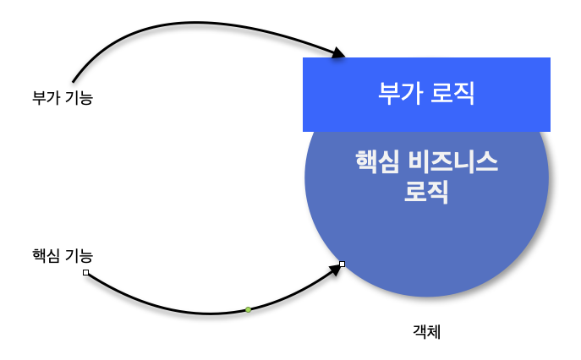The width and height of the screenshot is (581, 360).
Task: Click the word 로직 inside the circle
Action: click(x=426, y=193)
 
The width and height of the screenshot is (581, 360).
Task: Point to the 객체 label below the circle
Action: click(x=428, y=333)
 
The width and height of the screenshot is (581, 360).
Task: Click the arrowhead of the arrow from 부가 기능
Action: click(x=338, y=55)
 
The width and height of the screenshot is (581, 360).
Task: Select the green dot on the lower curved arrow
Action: click(x=248, y=310)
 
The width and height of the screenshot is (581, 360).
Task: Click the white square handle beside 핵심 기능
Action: click(x=85, y=272)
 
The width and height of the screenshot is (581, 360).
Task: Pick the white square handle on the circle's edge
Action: click(x=342, y=265)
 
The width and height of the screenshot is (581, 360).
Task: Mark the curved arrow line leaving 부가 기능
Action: click(x=186, y=23)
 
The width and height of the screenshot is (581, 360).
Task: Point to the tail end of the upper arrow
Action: click(x=74, y=81)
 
